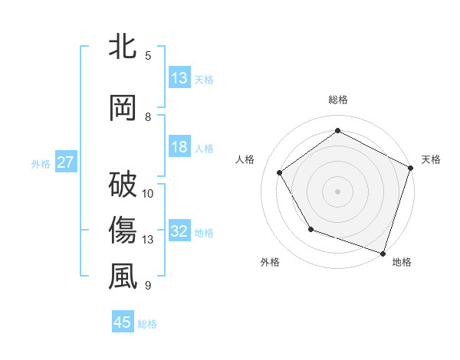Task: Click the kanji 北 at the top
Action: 123,46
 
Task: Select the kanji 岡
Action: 123,107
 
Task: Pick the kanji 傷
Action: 123,230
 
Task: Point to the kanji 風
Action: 123,277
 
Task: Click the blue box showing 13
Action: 179,77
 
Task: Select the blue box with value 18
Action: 179,148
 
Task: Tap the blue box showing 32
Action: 179,231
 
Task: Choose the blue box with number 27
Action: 65,162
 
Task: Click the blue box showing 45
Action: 123,322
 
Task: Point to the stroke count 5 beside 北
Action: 148,55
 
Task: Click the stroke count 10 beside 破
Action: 149,193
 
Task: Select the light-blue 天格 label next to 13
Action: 203,79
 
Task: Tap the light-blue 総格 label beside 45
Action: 147,324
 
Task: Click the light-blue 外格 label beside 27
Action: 41,163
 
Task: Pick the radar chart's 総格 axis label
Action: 337,100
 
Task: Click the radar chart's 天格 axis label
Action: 431,159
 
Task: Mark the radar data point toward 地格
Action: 383,253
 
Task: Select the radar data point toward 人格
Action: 280,173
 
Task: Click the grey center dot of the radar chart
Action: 337,191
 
